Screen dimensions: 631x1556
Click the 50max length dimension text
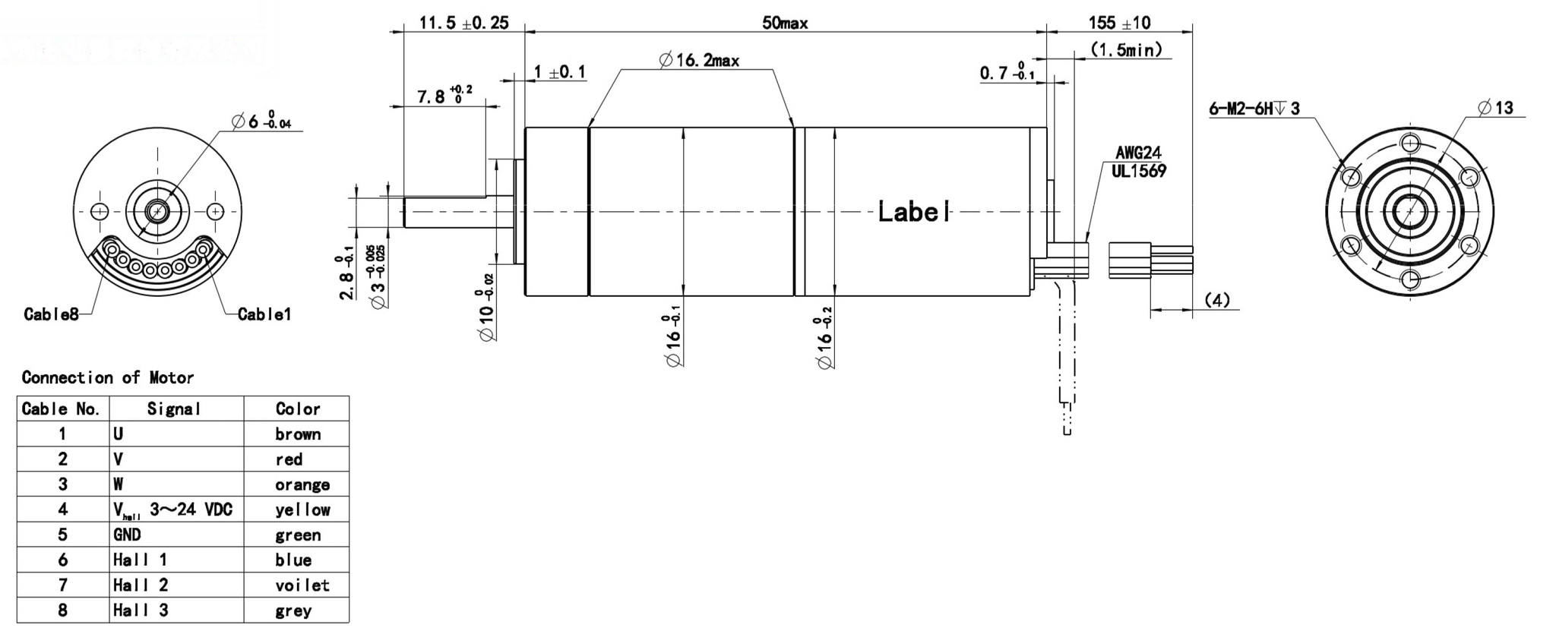point(785,23)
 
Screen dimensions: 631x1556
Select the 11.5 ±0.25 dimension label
point(463,23)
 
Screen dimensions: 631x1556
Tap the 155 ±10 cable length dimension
point(1119,23)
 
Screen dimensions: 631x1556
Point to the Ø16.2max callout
point(699,60)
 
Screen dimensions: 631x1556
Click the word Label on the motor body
point(913,212)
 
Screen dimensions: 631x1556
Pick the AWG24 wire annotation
point(1138,153)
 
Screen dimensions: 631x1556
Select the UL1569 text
point(1138,172)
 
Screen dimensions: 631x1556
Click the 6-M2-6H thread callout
point(1254,109)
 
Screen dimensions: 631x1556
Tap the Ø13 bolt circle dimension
point(1496,108)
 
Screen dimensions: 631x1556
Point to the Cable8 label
point(51,314)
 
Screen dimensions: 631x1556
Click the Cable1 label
point(264,314)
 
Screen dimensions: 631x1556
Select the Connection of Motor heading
point(107,377)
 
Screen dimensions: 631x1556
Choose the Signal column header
point(174,409)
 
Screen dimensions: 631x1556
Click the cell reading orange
point(302,484)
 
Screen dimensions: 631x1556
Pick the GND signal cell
point(127,535)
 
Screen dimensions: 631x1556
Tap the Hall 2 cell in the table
point(141,585)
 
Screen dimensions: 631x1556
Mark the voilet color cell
point(302,585)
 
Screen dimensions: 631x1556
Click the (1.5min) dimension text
point(1126,50)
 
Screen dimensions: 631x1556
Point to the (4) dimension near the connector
point(1217,301)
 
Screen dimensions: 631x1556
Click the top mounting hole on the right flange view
point(1410,143)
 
